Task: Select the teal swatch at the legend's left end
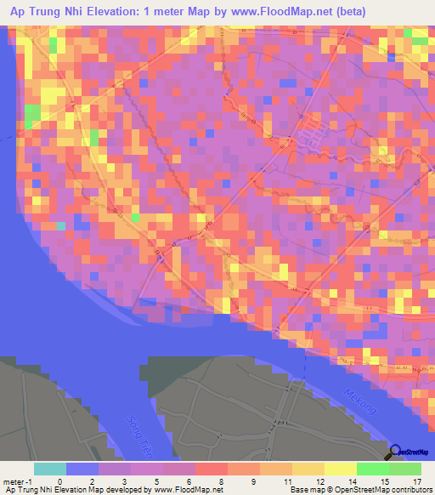pyautogui.click(x=49, y=468)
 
